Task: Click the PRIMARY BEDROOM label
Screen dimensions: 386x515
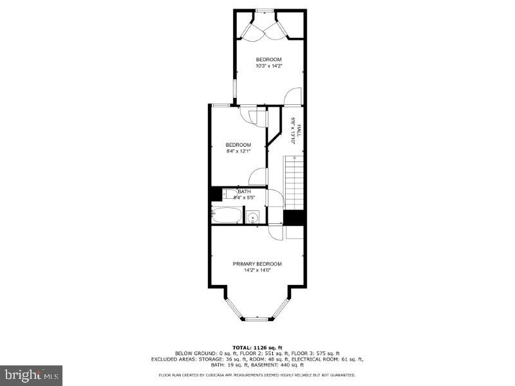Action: pos(257,264)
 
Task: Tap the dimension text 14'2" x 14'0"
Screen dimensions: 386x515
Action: pos(257,271)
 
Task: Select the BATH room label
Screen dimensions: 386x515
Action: pos(244,192)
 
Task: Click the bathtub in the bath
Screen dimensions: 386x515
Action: pos(227,215)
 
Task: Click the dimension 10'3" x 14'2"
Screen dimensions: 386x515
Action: pos(268,66)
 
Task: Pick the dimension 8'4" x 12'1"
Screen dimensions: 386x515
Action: pos(238,152)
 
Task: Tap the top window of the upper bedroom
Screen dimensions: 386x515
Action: pos(264,11)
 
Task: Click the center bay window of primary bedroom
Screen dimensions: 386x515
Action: pos(257,318)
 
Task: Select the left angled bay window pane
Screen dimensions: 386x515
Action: pos(233,308)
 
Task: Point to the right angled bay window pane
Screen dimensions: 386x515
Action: pos(281,308)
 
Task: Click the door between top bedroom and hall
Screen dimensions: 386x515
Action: pos(292,96)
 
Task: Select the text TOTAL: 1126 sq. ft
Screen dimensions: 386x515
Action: pos(257,348)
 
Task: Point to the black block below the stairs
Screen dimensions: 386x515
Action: pos(294,217)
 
